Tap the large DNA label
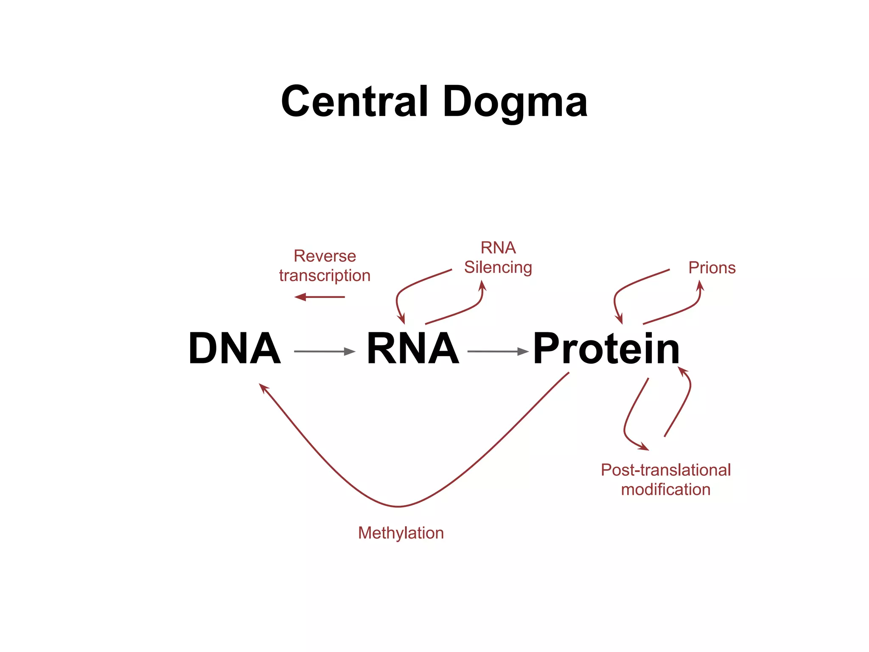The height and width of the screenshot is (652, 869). point(234,348)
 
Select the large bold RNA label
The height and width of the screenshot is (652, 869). point(412,348)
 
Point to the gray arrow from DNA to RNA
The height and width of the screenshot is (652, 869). point(325,351)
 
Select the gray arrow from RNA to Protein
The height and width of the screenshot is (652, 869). point(498,351)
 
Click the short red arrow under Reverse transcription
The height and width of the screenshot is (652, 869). point(319,297)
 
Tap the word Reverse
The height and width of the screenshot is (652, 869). point(325,256)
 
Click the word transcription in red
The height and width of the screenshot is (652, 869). point(325,275)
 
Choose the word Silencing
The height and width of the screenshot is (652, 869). point(498,267)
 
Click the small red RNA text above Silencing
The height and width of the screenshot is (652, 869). point(498,247)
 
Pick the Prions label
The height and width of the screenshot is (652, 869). point(712,268)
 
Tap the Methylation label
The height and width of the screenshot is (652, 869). point(401,533)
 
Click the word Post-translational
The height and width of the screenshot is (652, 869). point(665,470)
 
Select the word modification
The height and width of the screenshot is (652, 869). point(665,489)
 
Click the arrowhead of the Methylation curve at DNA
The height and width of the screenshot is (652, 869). point(263,388)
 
